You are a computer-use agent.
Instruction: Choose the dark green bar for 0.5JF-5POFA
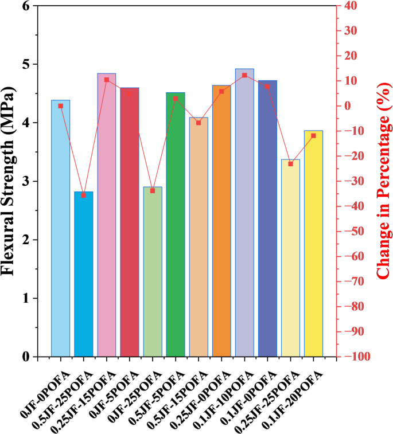176,224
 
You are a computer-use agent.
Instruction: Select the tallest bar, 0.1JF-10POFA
244,213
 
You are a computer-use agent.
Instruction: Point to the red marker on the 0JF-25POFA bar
153,190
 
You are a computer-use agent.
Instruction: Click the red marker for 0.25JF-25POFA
290,164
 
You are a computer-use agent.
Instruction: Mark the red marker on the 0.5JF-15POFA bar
199,123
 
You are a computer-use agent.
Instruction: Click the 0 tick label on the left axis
26,357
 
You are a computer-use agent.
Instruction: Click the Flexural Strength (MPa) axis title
10,181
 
